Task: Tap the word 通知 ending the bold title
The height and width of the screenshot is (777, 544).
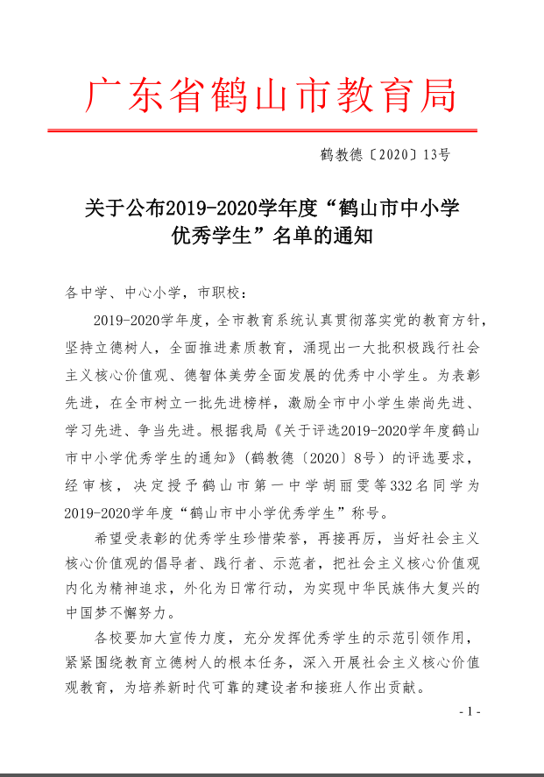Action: (x=355, y=236)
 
